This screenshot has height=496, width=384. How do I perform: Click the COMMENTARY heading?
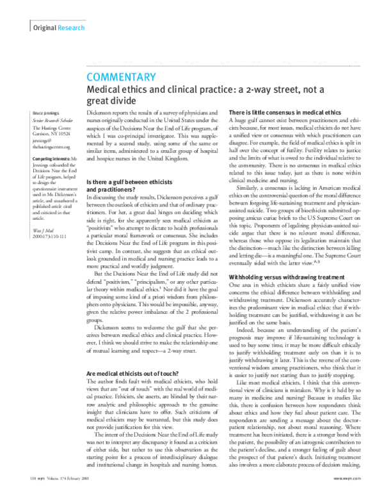pos(120,78)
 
